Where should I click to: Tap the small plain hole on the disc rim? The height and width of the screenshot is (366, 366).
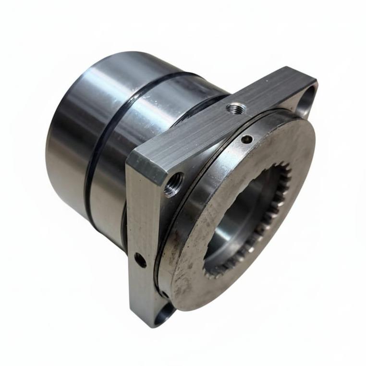coord(247,139)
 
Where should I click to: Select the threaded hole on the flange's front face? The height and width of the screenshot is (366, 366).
coord(173,184)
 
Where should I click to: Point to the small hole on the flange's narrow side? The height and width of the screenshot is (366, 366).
coord(140,260)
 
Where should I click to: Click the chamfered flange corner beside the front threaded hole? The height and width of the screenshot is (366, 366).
coord(151,166)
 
